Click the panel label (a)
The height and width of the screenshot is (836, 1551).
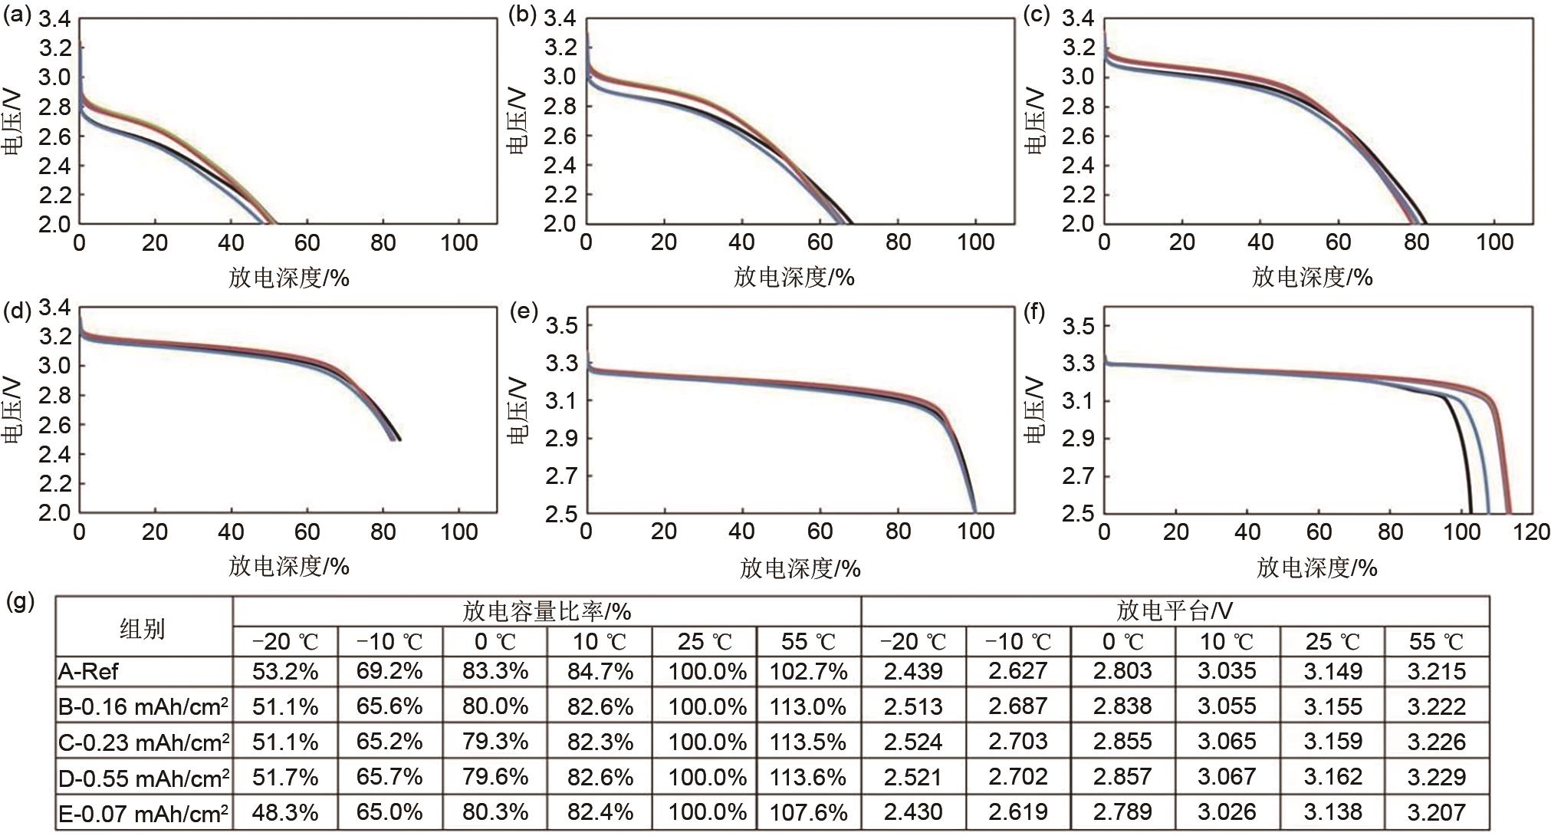point(17,16)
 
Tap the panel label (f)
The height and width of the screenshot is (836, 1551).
point(1034,313)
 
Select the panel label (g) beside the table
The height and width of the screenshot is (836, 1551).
point(21,601)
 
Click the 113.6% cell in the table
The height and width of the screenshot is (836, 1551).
point(808,777)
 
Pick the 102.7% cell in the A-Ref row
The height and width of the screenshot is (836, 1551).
point(808,672)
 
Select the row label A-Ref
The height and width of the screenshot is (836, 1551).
point(89,673)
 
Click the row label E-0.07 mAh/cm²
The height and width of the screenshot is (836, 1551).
point(143,813)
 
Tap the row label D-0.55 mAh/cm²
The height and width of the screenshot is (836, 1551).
point(143,778)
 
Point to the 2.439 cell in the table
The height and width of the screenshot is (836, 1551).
point(913,672)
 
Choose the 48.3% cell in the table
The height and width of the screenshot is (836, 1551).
point(285,812)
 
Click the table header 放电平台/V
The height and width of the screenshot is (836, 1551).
point(1175,611)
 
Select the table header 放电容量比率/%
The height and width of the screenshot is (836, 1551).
point(547,611)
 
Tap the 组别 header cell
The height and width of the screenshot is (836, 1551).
point(143,629)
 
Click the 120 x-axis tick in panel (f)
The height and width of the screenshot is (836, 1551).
point(1532,532)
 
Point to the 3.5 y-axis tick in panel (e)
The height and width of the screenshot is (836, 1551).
point(561,326)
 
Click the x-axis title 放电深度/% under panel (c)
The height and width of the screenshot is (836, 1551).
point(1312,277)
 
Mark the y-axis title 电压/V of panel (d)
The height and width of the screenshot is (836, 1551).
point(13,410)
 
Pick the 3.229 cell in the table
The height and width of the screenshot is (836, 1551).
point(1436,777)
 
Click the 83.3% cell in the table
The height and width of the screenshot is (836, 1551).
point(495,672)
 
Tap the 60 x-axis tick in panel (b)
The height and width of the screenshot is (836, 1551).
point(820,243)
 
